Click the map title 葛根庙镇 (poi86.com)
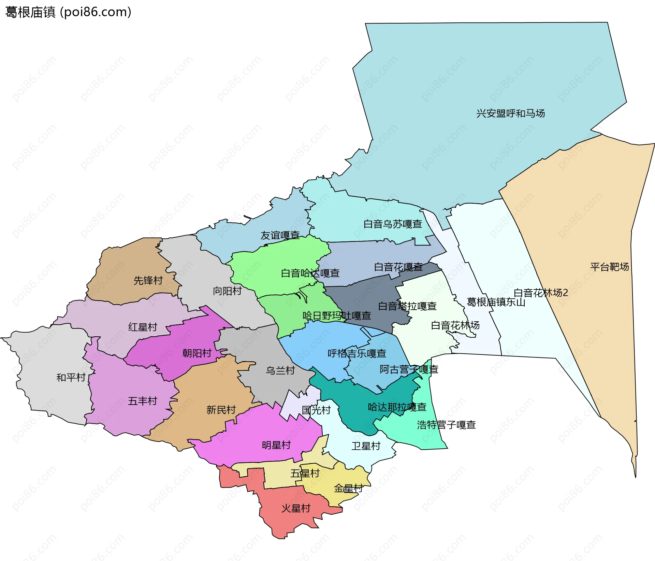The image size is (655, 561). coord(68,12)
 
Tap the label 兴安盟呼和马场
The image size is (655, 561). coord(510,113)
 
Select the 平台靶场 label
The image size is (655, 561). coord(609,267)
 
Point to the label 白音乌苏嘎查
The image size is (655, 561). coord(393,224)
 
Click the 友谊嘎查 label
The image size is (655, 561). coord(280,235)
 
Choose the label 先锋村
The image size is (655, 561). coord(148,280)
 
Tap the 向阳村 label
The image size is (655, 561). coord(227,291)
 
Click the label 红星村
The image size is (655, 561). coord(143,327)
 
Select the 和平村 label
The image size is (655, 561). coord(71,377)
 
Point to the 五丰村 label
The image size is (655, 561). coord(143,401)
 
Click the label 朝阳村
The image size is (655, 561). coord(197,353)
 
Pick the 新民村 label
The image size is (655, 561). coord(221,410)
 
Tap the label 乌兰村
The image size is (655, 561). coord(280,370)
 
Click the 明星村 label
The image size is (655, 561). coord(276,445)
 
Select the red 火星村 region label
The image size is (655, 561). coord(296,508)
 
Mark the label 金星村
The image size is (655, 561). coord(348,488)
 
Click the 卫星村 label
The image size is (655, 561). coord(366,446)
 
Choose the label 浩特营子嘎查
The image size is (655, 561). coord(446,425)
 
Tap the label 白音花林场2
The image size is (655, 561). coord(541,293)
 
